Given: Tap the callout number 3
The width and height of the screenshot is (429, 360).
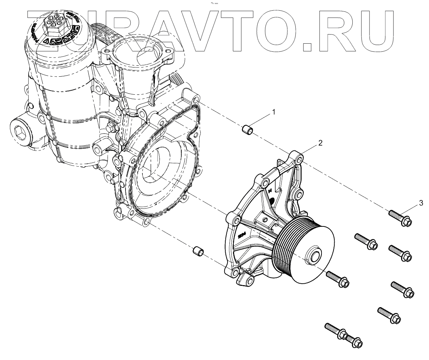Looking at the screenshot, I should coord(421,203).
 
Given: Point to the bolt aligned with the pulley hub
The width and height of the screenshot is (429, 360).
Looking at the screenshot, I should coord(337,279).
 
